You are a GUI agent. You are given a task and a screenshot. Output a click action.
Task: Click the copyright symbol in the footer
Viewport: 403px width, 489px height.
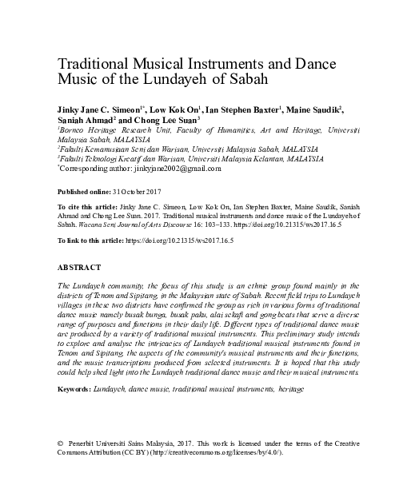[x=62, y=442]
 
